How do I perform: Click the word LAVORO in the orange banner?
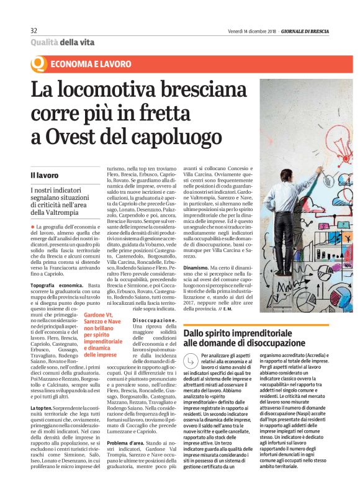point(115,64)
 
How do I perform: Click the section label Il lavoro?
point(43,176)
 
